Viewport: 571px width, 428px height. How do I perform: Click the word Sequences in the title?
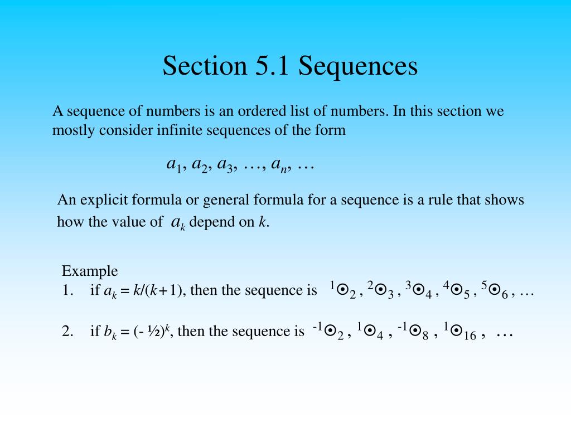pyautogui.click(x=358, y=66)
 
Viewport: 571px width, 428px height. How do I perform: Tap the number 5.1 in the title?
pyautogui.click(x=272, y=66)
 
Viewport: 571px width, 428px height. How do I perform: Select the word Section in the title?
pyautogui.click(x=205, y=66)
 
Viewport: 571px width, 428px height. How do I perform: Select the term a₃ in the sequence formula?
pyautogui.click(x=226, y=164)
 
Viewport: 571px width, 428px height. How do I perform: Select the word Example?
pyautogui.click(x=90, y=271)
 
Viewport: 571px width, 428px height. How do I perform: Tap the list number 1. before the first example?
pyautogui.click(x=67, y=290)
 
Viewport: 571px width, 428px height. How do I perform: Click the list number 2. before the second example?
pyautogui.click(x=68, y=331)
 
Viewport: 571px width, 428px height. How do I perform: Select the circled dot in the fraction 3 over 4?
pyautogui.click(x=419, y=290)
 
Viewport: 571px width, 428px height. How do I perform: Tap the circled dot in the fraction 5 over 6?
pyautogui.click(x=495, y=290)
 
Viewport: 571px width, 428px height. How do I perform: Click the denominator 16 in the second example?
pyautogui.click(x=470, y=335)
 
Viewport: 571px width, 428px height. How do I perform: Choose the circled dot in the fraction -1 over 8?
pyautogui.click(x=414, y=330)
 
